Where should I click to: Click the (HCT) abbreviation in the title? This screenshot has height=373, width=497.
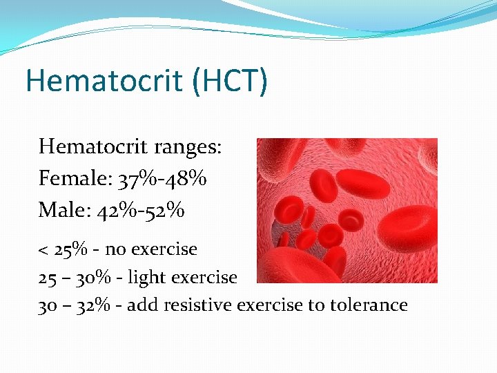pyautogui.click(x=230, y=81)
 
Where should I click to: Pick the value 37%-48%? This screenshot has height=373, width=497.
pyautogui.click(x=162, y=178)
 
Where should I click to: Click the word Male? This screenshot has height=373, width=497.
pyautogui.click(x=64, y=209)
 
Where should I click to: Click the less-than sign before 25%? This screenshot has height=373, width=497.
pyautogui.click(x=43, y=249)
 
